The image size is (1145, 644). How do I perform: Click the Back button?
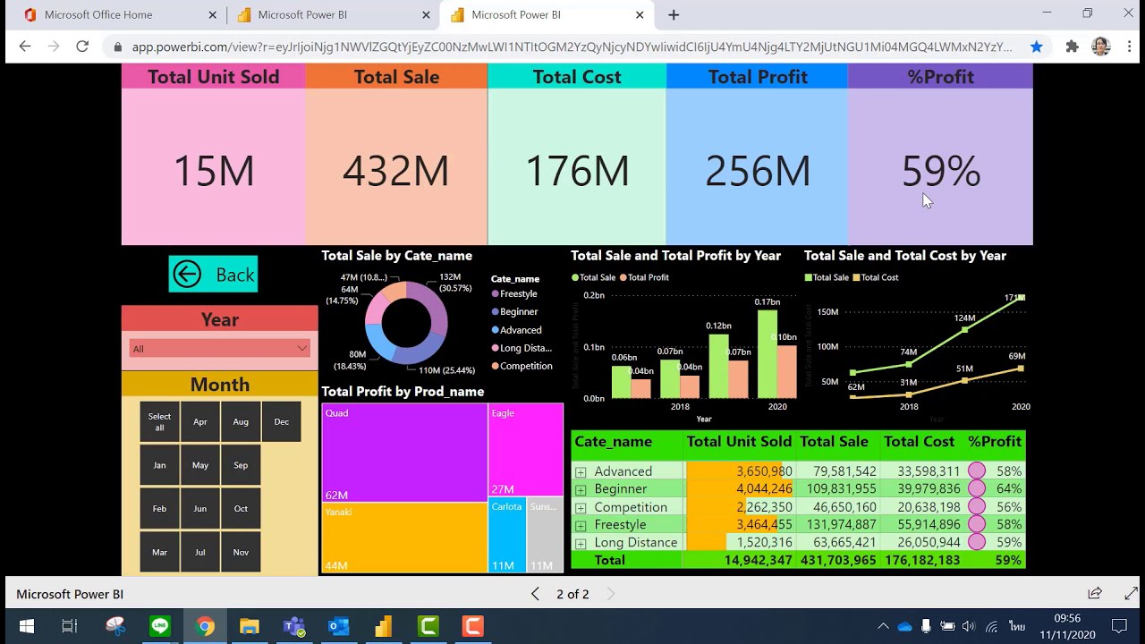click(x=213, y=275)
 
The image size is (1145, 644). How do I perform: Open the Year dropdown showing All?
click(x=219, y=349)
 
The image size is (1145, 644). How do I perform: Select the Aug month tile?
click(x=241, y=422)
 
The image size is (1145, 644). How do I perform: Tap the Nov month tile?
click(x=241, y=553)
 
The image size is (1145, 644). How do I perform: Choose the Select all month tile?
click(x=159, y=422)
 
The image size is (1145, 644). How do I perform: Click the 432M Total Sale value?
click(x=395, y=171)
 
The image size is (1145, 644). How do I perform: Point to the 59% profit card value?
click(x=940, y=171)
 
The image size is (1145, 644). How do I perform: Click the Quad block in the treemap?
click(x=404, y=452)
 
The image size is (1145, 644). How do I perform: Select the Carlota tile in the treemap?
click(x=506, y=535)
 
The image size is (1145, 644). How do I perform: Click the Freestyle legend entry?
click(x=518, y=294)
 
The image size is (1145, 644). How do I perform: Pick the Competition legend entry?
click(x=525, y=366)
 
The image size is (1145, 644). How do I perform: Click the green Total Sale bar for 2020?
click(x=768, y=353)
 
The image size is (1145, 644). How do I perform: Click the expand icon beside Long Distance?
click(x=581, y=543)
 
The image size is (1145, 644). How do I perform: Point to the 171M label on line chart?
click(x=1014, y=298)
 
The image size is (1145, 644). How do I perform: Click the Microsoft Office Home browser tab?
click(x=98, y=15)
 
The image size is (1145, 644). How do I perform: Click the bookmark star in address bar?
click(x=1036, y=47)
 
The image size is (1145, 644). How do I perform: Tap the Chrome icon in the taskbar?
click(x=205, y=626)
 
